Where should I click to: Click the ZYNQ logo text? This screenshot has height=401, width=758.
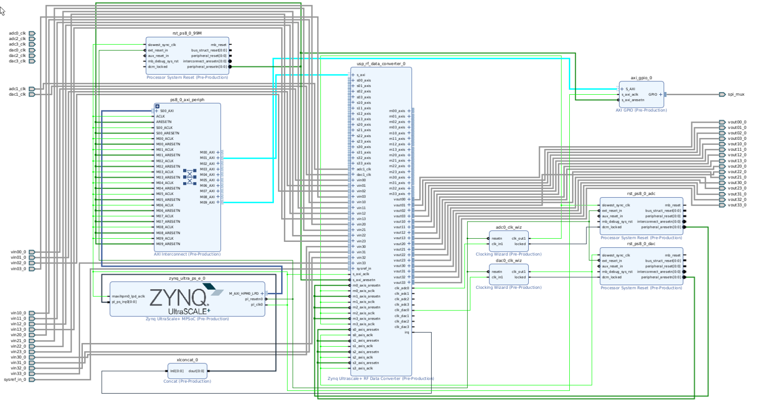click(x=179, y=298)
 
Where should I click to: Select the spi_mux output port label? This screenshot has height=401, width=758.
click(x=736, y=94)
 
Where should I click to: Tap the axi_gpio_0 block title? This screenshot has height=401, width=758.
click(x=641, y=78)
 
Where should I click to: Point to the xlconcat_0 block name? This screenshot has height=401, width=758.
click(x=187, y=360)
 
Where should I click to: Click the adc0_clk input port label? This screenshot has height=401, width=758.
click(x=17, y=33)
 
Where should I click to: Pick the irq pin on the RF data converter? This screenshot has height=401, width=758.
click(x=406, y=332)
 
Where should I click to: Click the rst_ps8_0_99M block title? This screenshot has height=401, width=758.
click(x=187, y=33)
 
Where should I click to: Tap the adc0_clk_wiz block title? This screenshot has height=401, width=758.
click(x=509, y=227)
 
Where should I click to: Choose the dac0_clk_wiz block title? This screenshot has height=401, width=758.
click(x=509, y=260)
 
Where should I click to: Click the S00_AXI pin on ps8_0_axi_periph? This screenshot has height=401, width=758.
click(x=167, y=111)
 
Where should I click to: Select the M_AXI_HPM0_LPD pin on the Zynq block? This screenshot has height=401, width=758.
click(x=244, y=293)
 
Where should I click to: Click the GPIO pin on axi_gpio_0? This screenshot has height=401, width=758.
click(x=653, y=94)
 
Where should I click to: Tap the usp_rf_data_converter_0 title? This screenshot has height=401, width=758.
click(x=381, y=64)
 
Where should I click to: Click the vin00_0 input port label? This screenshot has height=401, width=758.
click(x=18, y=252)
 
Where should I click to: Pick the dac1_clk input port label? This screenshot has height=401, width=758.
click(x=17, y=94)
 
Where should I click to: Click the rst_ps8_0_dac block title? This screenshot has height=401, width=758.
click(x=641, y=244)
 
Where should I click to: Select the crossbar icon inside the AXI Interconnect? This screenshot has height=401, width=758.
click(x=190, y=177)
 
